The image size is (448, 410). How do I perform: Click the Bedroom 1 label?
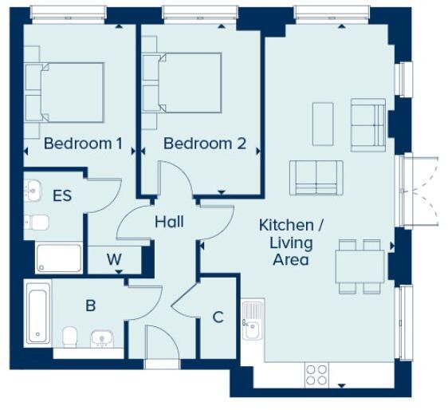(82, 144)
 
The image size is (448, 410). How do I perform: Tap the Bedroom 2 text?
(205, 144)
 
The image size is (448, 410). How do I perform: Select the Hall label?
(169, 221)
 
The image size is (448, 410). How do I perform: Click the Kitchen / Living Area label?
(285, 242)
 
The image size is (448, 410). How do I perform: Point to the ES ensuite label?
(62, 195)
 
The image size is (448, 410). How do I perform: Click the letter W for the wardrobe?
(114, 259)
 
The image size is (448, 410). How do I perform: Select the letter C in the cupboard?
(217, 317)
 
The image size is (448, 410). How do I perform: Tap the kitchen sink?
(253, 320)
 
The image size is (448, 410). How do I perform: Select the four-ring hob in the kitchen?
(316, 373)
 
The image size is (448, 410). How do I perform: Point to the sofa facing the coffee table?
(316, 177)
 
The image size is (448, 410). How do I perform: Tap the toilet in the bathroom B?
(69, 336)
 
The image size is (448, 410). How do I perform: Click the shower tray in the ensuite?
(59, 258)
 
